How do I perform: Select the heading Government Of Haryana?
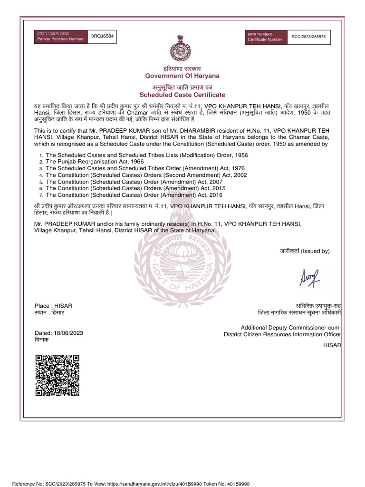click(x=182, y=76)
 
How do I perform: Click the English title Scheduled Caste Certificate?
click(x=182, y=95)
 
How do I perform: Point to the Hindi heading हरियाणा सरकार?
click(x=182, y=69)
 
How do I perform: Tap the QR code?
click(x=57, y=375)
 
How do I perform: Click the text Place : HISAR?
click(x=54, y=305)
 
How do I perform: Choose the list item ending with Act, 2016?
click(x=134, y=195)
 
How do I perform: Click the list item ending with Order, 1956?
click(x=146, y=155)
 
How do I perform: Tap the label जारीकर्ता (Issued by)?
click(x=304, y=251)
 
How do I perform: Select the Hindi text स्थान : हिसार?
click(x=49, y=313)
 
